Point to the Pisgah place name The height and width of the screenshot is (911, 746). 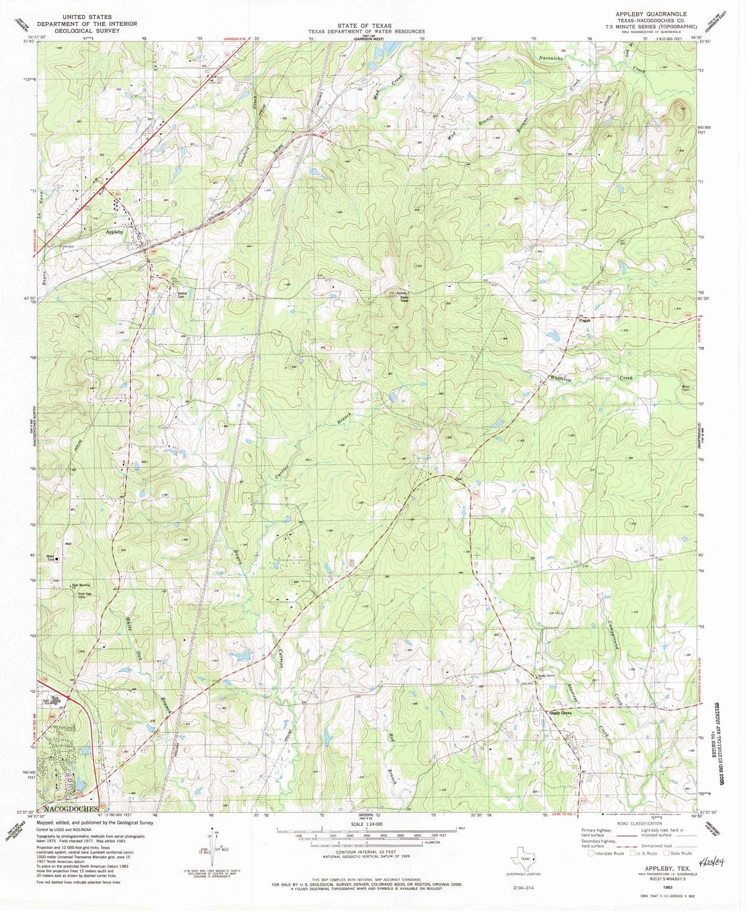pos(584,320)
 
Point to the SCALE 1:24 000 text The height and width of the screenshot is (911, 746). pos(368,823)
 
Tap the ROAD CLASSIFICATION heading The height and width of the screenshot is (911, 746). pos(631,823)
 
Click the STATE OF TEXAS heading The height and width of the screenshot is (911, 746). pos(364,26)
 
